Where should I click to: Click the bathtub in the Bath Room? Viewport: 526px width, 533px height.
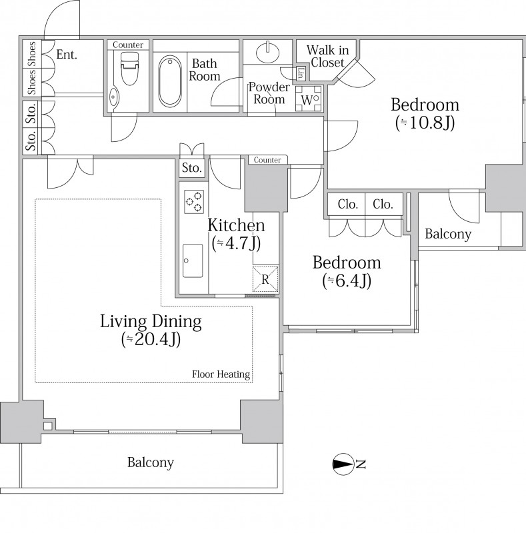(170, 81)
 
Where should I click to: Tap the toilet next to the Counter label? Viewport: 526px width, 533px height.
(129, 69)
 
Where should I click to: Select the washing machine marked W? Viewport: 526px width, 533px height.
(308, 99)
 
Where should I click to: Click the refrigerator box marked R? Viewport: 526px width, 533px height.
(265, 279)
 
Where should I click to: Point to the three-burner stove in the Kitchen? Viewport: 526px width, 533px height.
(194, 202)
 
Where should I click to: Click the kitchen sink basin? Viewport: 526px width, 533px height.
(193, 261)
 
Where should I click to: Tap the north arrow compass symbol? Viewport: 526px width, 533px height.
(343, 464)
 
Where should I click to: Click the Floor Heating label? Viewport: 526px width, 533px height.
(221, 374)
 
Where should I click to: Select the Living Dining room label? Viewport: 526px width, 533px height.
(151, 321)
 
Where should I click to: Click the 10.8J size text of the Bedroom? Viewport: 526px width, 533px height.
(425, 123)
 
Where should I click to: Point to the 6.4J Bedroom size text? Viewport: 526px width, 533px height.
(347, 280)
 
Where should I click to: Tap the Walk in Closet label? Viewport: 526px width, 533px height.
(327, 56)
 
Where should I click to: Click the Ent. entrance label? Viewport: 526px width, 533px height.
(67, 55)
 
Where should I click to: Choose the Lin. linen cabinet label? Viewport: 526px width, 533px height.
(301, 74)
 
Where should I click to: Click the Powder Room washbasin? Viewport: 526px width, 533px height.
(267, 53)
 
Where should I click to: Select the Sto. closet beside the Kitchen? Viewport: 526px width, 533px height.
(192, 168)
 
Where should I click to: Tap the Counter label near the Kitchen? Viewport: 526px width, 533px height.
(267, 160)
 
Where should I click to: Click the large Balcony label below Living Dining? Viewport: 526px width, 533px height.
(151, 462)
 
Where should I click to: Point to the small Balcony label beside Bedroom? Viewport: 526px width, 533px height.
(448, 234)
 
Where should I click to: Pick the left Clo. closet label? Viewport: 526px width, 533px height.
(348, 204)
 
